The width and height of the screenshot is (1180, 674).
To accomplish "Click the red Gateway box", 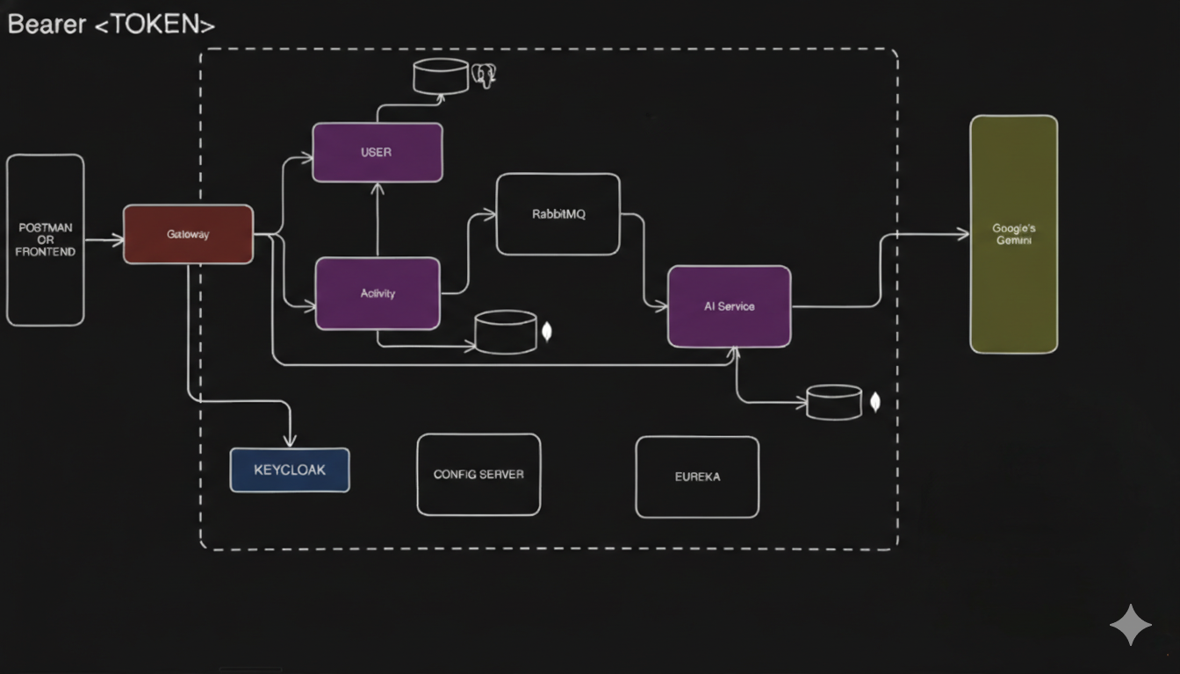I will click(188, 234).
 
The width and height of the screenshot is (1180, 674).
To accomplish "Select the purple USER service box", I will click(378, 153).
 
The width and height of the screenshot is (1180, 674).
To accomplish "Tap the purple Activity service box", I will click(378, 293).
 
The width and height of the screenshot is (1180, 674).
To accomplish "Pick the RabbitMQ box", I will click(558, 214).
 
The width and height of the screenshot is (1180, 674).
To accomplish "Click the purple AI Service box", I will click(730, 306).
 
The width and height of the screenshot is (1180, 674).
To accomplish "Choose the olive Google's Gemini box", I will click(1013, 234).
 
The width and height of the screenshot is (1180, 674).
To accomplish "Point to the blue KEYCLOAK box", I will click(290, 470).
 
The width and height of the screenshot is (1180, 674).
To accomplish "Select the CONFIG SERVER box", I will click(478, 474).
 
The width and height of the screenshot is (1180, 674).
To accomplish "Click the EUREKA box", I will click(697, 477).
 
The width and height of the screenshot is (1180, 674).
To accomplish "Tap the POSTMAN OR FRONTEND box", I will click(46, 240).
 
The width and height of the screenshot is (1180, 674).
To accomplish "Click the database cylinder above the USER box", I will click(441, 76).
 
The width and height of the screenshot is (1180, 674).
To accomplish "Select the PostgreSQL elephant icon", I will click(484, 75).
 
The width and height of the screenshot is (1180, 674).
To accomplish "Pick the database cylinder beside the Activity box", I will click(506, 333).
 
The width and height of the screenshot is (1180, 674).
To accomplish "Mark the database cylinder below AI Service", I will click(834, 402).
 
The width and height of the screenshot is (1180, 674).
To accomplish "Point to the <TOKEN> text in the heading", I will click(155, 25).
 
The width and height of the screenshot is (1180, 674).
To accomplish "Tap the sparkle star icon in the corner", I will click(1131, 625).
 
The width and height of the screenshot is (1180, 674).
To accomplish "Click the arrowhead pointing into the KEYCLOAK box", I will click(291, 441).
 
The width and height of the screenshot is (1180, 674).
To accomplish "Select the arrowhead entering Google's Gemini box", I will click(963, 234).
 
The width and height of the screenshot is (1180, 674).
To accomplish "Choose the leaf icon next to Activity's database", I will click(548, 332).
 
